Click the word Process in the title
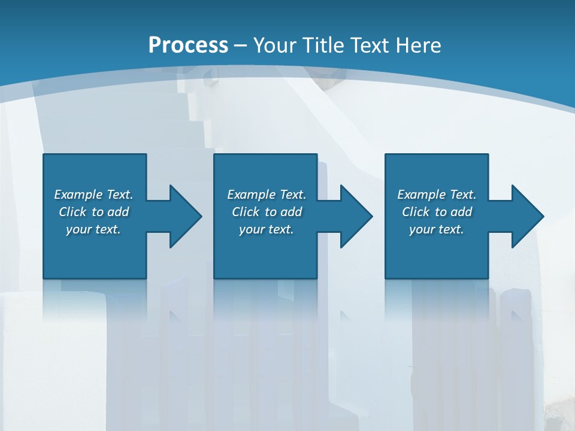188,45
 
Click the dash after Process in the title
240,45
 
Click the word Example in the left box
78,195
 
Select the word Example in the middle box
252,195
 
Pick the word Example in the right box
422,195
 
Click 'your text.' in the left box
93,229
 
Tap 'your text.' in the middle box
266,229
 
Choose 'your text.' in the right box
437,229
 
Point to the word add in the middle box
291,212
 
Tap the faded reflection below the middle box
265,299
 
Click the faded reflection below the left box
95,299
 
